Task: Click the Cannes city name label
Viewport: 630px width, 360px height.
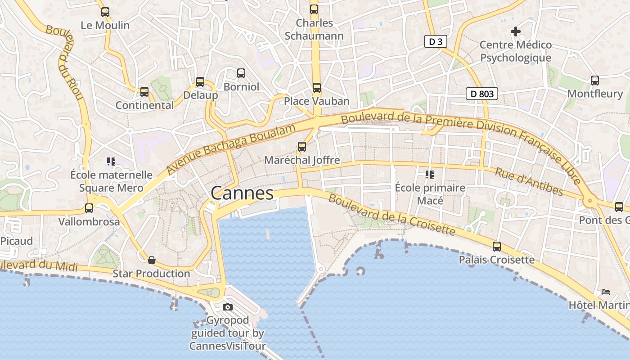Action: point(242,193)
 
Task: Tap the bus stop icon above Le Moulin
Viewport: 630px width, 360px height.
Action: point(105,12)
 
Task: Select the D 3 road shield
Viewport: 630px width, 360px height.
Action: point(436,42)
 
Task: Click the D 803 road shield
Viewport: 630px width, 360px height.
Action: point(482,94)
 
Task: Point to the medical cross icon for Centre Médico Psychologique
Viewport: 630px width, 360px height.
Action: point(516,31)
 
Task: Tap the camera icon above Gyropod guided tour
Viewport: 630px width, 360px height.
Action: point(228,307)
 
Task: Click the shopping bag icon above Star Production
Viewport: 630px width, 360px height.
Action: point(152,260)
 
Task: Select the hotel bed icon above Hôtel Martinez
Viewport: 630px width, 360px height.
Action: point(606,292)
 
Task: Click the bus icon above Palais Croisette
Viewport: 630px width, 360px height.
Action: point(497,246)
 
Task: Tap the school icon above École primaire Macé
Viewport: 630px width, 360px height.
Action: point(430,174)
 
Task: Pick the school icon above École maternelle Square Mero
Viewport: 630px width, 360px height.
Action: point(111,161)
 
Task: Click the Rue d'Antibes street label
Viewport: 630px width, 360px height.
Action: point(529,182)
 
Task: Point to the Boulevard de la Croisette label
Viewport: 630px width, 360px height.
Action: point(391,214)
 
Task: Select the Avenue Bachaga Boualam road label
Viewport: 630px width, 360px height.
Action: point(231,149)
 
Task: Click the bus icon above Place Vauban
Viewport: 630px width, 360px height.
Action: point(317,88)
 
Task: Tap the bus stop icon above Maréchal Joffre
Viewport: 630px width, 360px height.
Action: point(302,146)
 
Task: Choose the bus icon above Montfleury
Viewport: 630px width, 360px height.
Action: point(595,81)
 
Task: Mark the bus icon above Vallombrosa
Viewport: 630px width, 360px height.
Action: point(89,208)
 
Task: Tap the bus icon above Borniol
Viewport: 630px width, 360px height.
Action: point(241,73)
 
